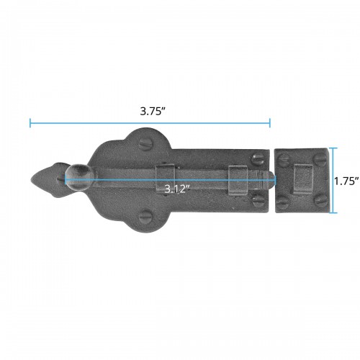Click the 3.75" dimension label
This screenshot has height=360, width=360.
150,112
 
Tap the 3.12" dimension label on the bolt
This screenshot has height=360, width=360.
176,189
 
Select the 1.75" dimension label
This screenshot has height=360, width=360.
346,181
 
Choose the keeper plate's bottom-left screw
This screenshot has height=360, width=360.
284,204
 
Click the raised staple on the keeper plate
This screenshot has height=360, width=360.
303,178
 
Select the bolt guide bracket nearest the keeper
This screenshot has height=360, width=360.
237,179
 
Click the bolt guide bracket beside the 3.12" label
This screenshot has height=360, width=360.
166,178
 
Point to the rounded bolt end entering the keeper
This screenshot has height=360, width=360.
267,180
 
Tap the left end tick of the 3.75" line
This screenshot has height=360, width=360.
30,123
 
